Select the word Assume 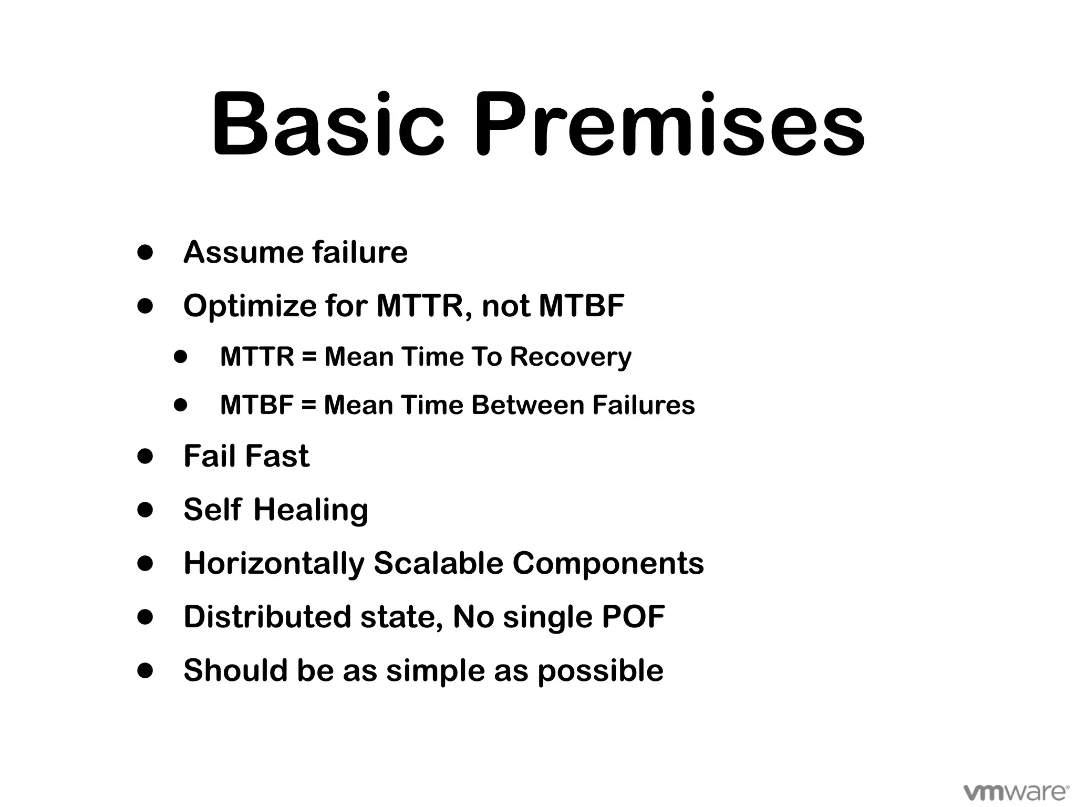point(242,252)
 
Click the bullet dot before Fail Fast point(145,456)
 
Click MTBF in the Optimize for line point(582,305)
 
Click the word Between point(527,405)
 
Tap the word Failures point(644,405)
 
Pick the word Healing point(311,510)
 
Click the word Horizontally point(273,563)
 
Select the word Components point(608,563)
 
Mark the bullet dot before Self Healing point(145,510)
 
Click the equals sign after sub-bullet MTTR point(309,357)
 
